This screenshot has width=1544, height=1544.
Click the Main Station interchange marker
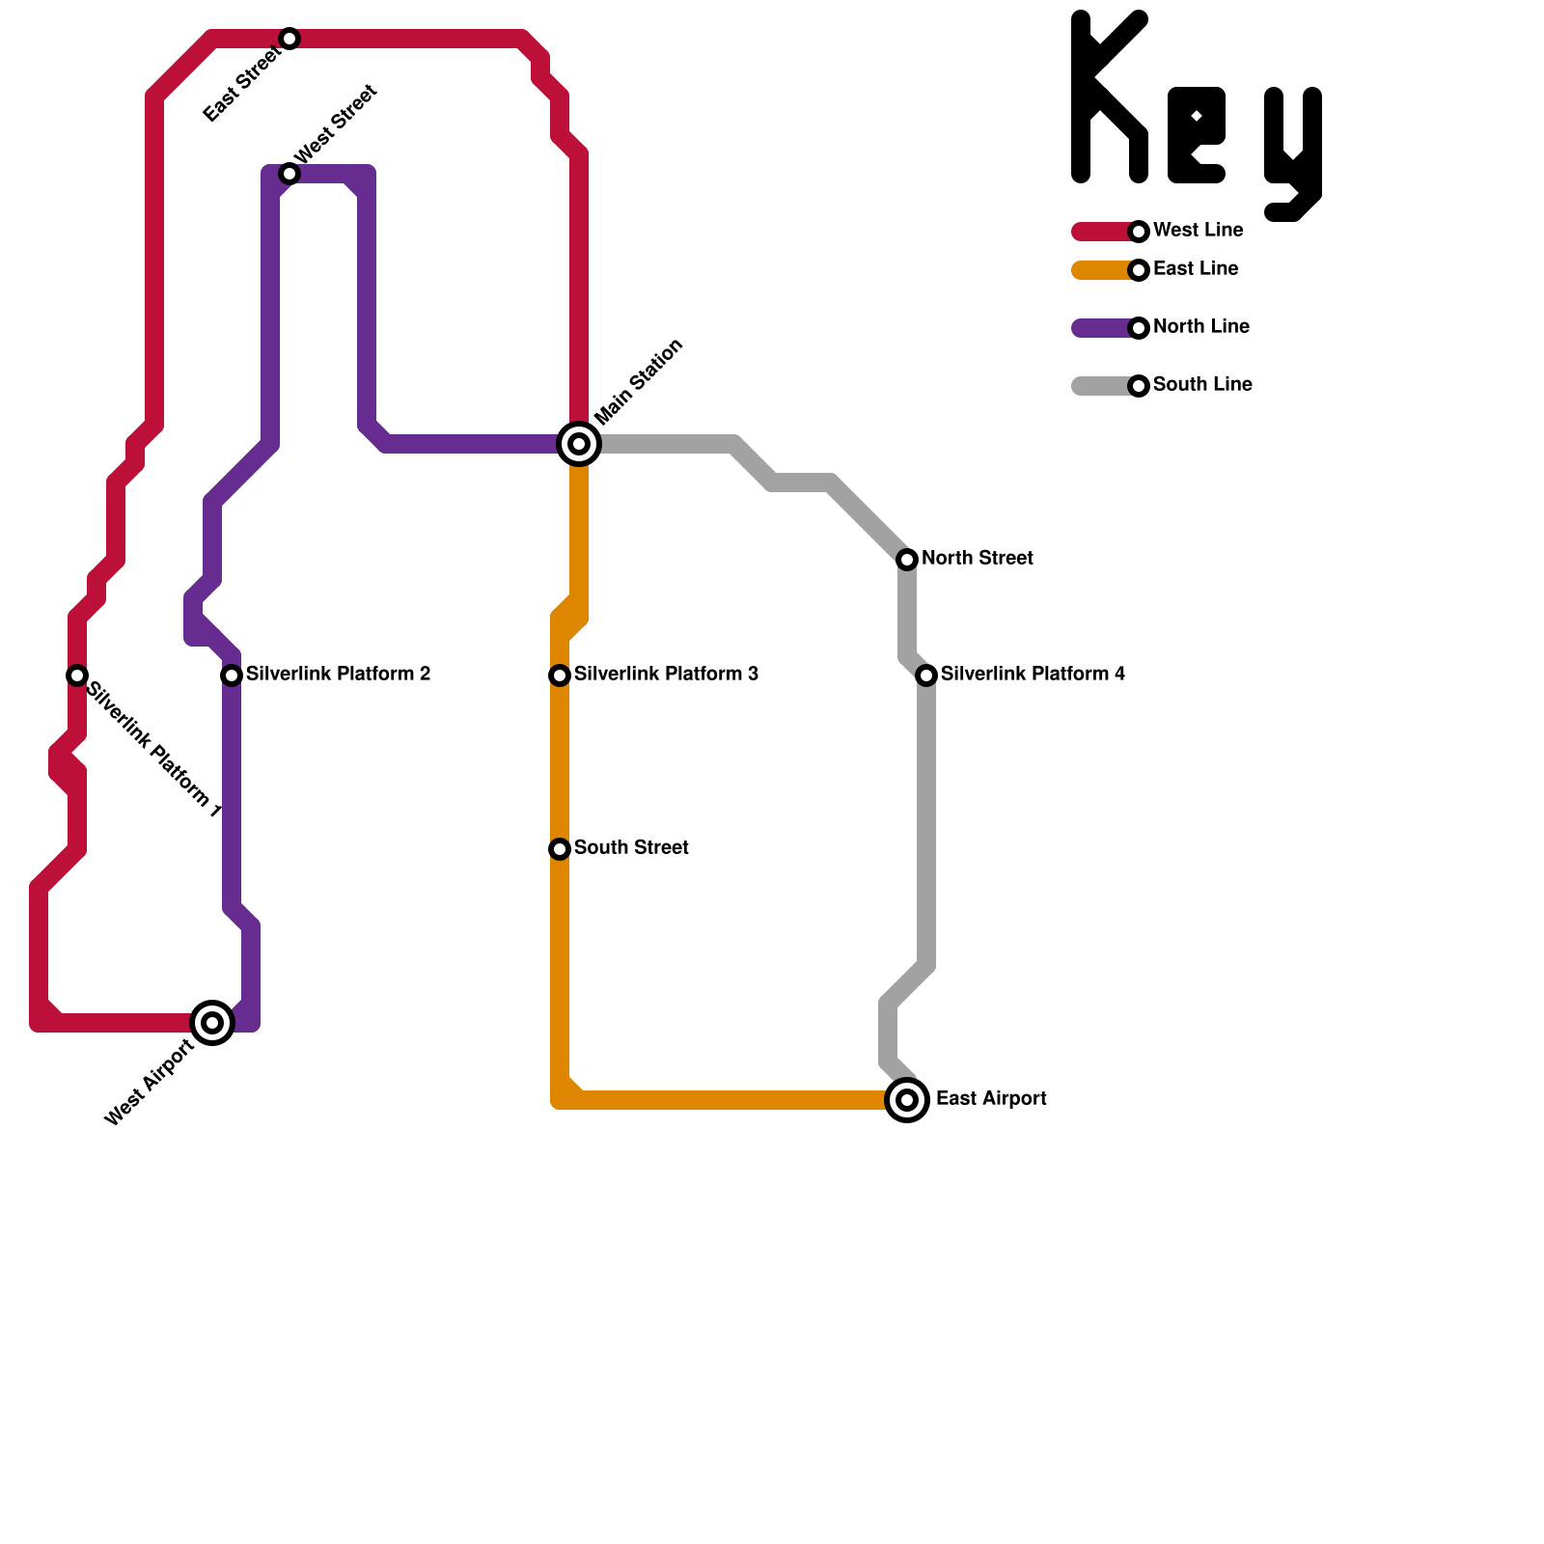point(579,444)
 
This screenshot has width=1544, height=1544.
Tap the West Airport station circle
point(212,1023)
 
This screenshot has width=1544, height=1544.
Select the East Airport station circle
point(907,1100)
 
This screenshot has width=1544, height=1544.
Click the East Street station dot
point(289,39)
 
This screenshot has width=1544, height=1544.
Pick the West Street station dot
point(289,174)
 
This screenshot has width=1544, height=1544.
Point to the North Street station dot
point(907,560)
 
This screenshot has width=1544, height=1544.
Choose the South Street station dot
point(560,849)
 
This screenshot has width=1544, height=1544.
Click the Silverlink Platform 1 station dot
point(77,675)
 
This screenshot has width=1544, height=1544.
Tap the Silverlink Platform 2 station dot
point(232,675)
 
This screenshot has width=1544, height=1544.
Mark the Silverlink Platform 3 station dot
point(560,675)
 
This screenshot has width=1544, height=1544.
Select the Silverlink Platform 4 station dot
point(926,675)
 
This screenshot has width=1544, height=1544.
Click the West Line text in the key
point(1198,231)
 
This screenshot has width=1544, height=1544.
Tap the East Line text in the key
point(1196,269)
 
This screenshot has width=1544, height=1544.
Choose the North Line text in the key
point(1200,327)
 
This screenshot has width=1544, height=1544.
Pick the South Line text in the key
point(1202,385)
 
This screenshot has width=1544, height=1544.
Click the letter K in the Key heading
point(1108,96)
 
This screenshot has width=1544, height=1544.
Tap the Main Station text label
point(639,382)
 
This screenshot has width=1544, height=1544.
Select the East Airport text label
point(991,1099)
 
